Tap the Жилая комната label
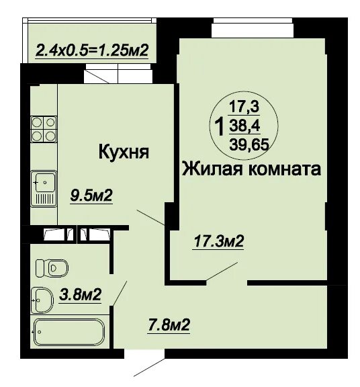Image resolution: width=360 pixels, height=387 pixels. click(x=251, y=169)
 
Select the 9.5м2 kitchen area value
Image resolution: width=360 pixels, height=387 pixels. click(x=91, y=196)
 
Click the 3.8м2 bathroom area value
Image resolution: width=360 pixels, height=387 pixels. click(x=80, y=294)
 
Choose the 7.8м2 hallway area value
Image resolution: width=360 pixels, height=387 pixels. click(x=169, y=326)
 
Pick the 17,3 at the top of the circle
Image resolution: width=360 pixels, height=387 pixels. click(x=244, y=105)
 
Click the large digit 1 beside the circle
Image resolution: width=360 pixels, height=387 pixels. click(x=219, y=126)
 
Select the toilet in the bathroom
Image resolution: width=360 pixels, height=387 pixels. click(x=51, y=267)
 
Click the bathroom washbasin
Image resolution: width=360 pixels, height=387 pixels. click(x=42, y=298)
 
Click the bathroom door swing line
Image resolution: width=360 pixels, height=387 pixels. click(x=120, y=292)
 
